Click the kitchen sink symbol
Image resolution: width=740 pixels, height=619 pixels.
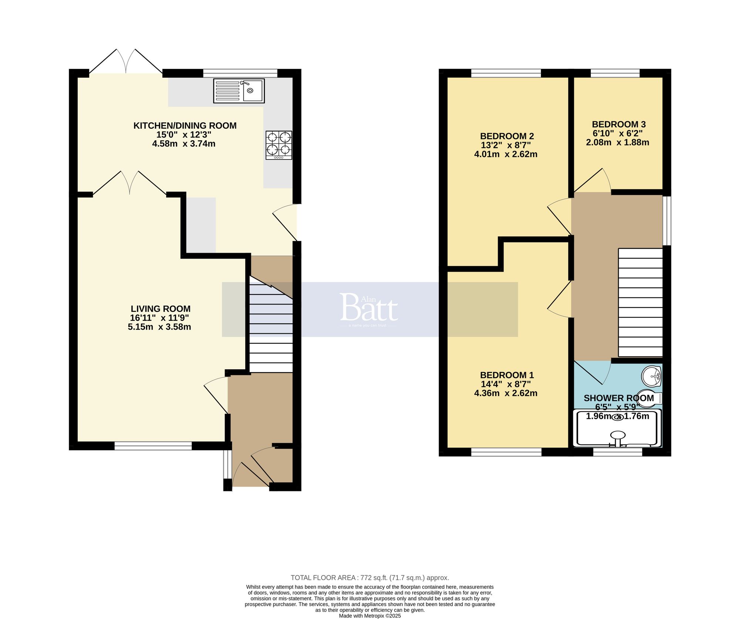(239, 91)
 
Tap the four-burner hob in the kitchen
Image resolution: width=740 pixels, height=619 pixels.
(279, 145)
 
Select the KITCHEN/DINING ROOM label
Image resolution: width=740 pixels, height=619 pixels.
(185, 125)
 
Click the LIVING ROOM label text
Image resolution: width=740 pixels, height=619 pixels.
(161, 309)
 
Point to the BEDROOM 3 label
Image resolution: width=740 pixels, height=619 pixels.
(619, 124)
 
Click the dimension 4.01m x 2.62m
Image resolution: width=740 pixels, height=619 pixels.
(505, 154)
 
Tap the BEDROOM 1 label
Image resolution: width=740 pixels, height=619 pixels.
(507, 375)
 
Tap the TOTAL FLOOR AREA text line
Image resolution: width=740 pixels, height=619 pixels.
(370, 578)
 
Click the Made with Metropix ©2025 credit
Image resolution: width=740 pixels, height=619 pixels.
(370, 616)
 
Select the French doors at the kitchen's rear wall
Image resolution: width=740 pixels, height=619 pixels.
(126, 61)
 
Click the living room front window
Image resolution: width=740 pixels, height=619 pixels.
(153, 447)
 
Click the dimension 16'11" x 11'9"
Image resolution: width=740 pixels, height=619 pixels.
(159, 318)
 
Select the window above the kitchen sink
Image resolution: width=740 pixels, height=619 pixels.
(240, 73)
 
